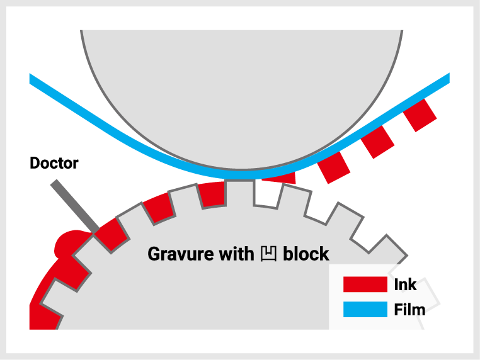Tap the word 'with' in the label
[x=236, y=254]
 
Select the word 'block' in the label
[x=306, y=254]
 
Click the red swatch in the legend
[x=365, y=284]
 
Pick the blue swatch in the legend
[x=365, y=310]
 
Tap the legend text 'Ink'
[x=405, y=284]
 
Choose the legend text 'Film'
[x=409, y=310]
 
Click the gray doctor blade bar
[x=74, y=206]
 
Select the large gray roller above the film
[x=242, y=88]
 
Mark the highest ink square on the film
[x=420, y=115]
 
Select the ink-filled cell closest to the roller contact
[x=212, y=194]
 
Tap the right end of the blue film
[x=445, y=79]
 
